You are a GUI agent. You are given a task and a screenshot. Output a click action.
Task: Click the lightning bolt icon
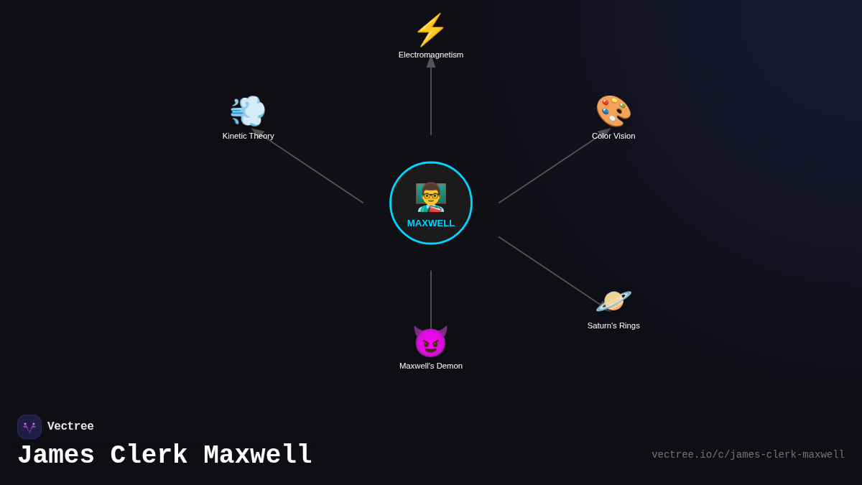click(430, 30)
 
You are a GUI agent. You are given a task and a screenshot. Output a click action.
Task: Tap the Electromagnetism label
click(431, 55)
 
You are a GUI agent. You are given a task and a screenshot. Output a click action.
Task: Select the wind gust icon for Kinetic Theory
click(248, 111)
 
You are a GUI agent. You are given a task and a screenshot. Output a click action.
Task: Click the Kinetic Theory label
click(248, 136)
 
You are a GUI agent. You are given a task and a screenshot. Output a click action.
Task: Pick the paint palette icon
click(613, 111)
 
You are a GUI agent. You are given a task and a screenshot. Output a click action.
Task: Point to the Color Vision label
click(613, 136)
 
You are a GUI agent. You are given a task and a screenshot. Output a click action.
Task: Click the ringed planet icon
click(613, 301)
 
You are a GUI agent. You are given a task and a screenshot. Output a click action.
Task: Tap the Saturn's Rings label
click(613, 325)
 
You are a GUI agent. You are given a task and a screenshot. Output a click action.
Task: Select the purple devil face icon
click(430, 341)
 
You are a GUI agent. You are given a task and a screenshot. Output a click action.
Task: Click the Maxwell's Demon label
click(431, 366)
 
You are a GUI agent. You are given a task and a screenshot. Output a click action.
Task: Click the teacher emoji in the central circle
click(431, 197)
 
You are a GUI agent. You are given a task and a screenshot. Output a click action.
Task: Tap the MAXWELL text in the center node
click(431, 223)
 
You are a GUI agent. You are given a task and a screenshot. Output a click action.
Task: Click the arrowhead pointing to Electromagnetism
click(431, 62)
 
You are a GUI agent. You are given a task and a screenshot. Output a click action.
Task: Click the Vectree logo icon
click(29, 427)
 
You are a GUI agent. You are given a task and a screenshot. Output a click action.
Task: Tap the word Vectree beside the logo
click(70, 427)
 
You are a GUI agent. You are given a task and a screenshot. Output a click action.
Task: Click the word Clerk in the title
click(149, 456)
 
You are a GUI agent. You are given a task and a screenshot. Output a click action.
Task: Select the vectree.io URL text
click(748, 455)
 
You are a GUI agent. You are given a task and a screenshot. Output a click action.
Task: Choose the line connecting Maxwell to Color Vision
click(550, 169)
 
